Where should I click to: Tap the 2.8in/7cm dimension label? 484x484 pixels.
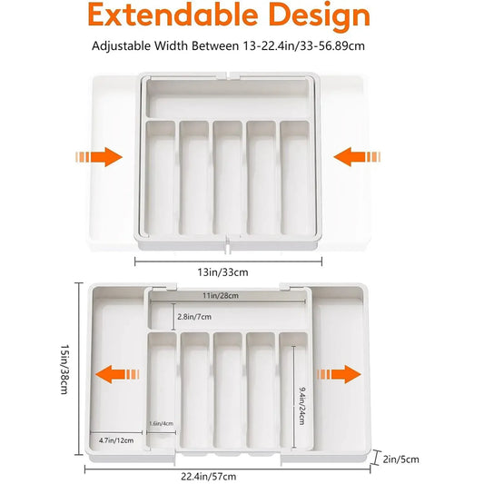pos(195,318)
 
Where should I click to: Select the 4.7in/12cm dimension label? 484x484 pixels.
pos(116,440)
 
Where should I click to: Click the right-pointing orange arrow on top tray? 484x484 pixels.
pos(100,157)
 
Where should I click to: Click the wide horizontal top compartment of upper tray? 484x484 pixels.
pos(227,96)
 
